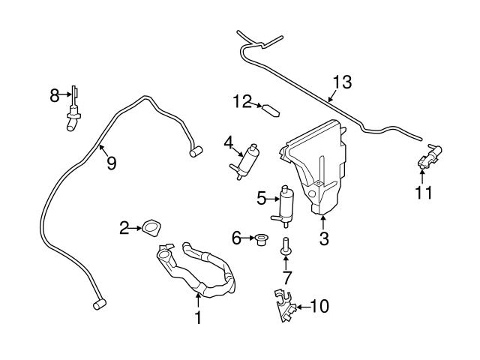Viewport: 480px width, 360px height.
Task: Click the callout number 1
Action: coord(198,318)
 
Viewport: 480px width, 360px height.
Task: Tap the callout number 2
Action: coord(125,227)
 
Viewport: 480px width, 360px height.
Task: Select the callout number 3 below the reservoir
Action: coord(324,239)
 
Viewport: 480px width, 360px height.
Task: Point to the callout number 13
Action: coord(341,82)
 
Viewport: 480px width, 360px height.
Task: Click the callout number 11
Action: coord(424,193)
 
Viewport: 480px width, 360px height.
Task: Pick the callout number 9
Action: coord(111,162)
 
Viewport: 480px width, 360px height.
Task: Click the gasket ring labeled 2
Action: coord(151,226)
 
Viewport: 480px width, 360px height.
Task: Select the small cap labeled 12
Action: coord(271,109)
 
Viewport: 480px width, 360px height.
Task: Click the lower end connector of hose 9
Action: coord(97,304)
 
